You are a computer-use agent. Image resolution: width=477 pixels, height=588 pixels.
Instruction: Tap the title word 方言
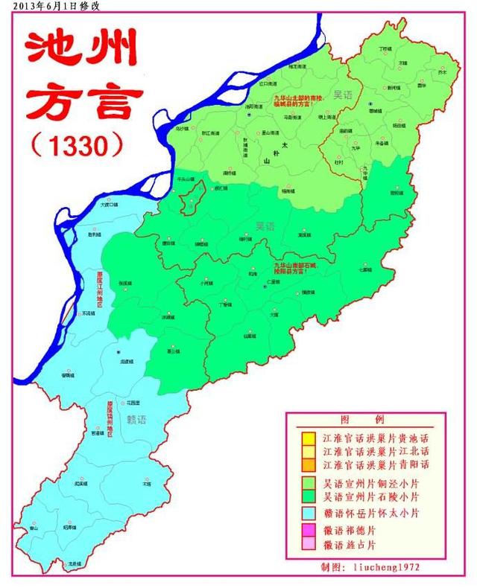click(x=83, y=102)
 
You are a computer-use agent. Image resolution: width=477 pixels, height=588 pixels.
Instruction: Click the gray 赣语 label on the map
click(x=136, y=419)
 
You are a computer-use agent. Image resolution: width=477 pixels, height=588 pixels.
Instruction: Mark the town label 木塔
click(x=146, y=483)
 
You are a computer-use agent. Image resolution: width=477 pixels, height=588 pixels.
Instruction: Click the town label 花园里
click(x=134, y=402)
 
